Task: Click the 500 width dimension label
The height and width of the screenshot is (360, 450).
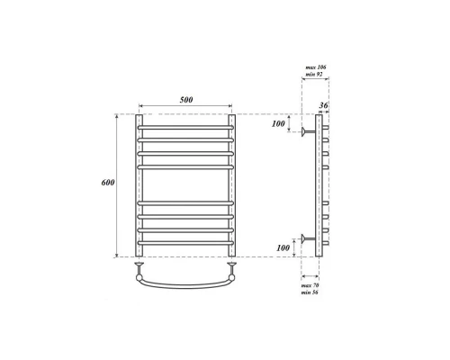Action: [x=186, y=100]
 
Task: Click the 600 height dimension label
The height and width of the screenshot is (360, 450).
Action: [x=108, y=182]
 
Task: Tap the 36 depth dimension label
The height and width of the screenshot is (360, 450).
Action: [x=323, y=105]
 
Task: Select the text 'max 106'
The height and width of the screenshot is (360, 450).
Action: [x=316, y=67]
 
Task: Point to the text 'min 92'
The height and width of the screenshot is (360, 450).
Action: [x=314, y=74]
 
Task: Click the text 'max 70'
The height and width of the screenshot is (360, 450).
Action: [x=310, y=285]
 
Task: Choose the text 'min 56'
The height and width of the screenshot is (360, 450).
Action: [x=310, y=292]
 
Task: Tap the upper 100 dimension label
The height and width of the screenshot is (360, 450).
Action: [x=278, y=123]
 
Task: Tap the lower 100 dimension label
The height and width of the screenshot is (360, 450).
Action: [x=283, y=247]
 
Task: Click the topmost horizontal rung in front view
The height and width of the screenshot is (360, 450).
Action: [x=185, y=128]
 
